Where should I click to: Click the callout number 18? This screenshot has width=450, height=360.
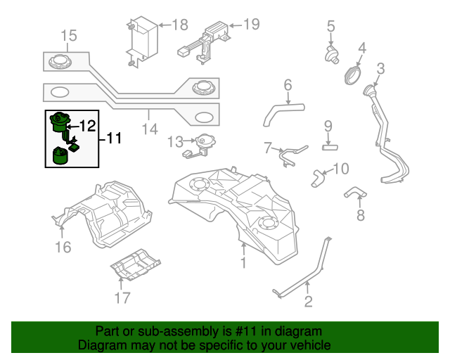pyautogui.click(x=180, y=25)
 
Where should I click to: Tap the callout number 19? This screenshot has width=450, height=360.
pyautogui.click(x=250, y=25)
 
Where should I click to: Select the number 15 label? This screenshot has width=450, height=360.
pyautogui.click(x=68, y=35)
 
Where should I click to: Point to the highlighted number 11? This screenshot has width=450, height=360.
pyautogui.click(x=113, y=139)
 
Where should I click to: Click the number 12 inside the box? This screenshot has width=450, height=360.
pyautogui.click(x=87, y=127)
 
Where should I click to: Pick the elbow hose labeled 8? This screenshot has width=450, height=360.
pyautogui.click(x=355, y=191)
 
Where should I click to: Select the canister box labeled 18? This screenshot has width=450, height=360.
pyautogui.click(x=143, y=38)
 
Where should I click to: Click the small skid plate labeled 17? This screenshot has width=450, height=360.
pyautogui.click(x=135, y=264)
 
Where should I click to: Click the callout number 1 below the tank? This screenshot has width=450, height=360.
pyautogui.click(x=243, y=264)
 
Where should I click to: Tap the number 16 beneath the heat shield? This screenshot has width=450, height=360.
pyautogui.click(x=63, y=247)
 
